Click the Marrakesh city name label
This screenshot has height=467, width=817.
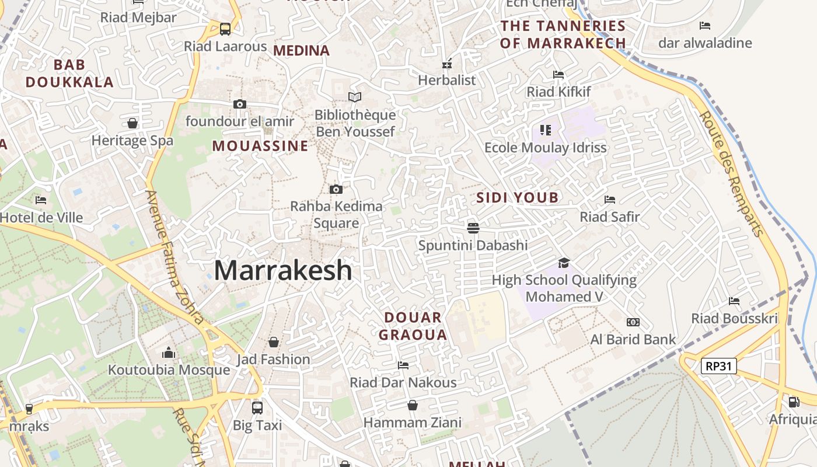click(283, 270)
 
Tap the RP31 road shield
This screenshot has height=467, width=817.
click(718, 366)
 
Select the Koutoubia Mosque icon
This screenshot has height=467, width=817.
click(169, 353)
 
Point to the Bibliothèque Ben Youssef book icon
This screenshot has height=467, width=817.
click(355, 97)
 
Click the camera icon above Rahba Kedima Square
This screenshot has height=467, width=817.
click(336, 189)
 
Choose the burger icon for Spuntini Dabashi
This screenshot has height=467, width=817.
click(473, 227)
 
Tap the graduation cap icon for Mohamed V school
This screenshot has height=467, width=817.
click(564, 263)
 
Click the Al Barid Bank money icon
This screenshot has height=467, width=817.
click(633, 322)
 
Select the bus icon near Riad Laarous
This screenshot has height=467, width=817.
click(225, 29)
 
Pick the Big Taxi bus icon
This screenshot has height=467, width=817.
click(257, 407)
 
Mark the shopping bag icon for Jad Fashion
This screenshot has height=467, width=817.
click(273, 342)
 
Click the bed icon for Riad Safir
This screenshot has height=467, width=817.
click(610, 200)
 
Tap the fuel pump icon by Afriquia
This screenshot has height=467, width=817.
click(794, 402)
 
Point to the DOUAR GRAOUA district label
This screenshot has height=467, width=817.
click(413, 326)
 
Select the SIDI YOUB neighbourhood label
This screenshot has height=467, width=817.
click(518, 197)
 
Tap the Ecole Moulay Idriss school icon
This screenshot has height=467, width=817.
click(546, 130)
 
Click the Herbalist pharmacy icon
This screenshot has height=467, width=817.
click(447, 64)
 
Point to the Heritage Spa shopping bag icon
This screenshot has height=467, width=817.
click(132, 123)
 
